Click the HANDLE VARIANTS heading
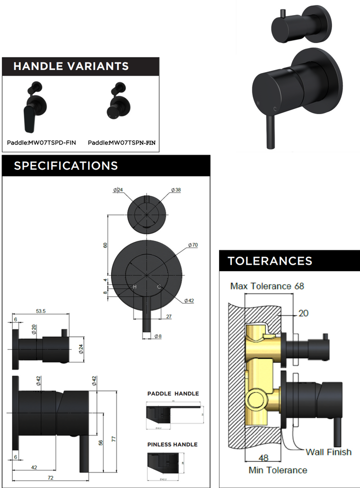(70, 66)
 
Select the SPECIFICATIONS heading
(65, 166)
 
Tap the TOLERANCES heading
(270, 261)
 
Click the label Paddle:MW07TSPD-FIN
(41, 143)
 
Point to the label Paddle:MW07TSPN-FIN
(121, 143)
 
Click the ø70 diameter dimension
(193, 245)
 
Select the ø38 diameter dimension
(175, 190)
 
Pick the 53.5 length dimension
(40, 311)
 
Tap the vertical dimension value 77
(113, 438)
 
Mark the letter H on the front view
(134, 287)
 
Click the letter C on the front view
(159, 287)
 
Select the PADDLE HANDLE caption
(172, 394)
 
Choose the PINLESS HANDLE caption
(172, 444)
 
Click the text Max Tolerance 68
(267, 286)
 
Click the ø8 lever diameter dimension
(157, 336)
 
